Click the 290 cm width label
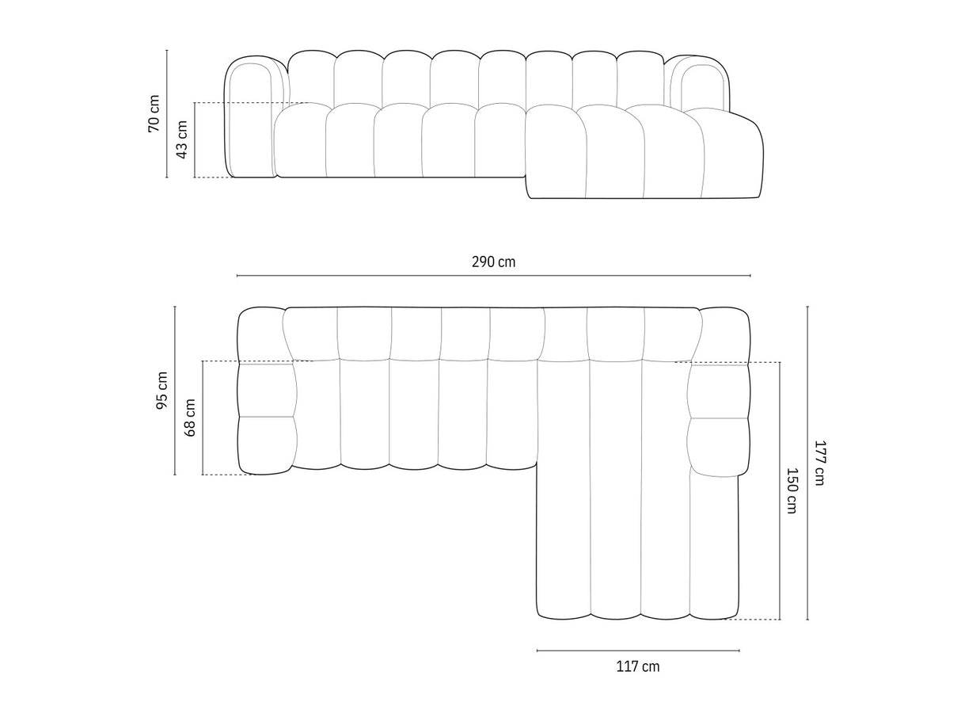coord(492,261)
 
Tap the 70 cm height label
coord(154,113)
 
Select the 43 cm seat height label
coord(182,139)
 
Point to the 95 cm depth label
coord(162,390)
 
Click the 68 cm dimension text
coord(191,418)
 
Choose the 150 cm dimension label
coord(792,490)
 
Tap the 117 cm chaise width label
coord(637,666)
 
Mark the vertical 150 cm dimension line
coord(780,555)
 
